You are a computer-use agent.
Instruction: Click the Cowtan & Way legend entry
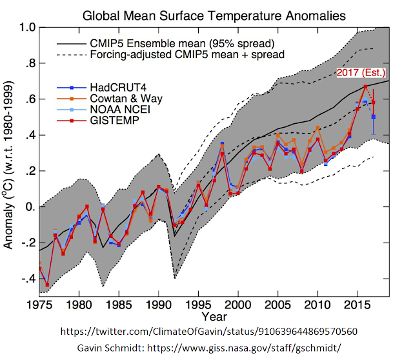click(x=118, y=99)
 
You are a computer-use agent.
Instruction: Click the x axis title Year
click(x=214, y=317)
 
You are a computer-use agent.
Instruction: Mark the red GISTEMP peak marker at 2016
click(x=365, y=86)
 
